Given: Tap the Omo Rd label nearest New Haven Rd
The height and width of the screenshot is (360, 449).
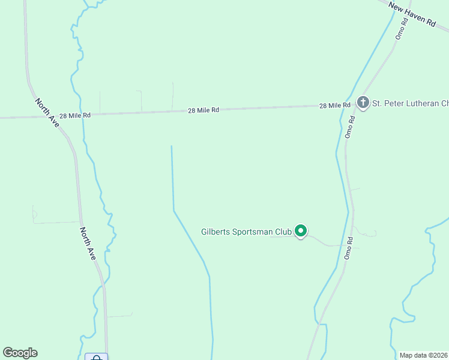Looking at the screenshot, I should pyautogui.click(x=401, y=28).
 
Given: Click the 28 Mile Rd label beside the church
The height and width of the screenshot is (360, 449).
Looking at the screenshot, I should pyautogui.click(x=335, y=106).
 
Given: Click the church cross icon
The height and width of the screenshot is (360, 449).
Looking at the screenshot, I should pyautogui.click(x=363, y=103).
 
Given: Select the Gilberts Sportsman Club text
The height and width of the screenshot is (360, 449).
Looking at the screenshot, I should pyautogui.click(x=246, y=232).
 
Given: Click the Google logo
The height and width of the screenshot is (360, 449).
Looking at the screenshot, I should pyautogui.click(x=20, y=353).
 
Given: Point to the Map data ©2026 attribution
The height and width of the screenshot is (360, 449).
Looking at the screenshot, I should pyautogui.click(x=423, y=355).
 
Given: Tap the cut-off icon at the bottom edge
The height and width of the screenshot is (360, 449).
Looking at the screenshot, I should pyautogui.click(x=96, y=358).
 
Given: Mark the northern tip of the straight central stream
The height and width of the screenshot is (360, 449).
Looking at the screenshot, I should pyautogui.click(x=172, y=146).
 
